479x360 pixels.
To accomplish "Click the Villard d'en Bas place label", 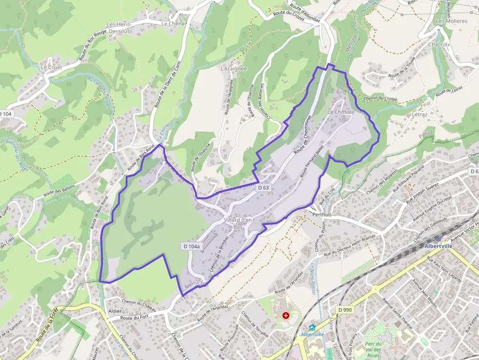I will coord(238,223).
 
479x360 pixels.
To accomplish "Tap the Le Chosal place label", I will coord(339,112).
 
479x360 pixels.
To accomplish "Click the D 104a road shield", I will coord(192,247).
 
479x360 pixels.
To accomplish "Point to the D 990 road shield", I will coord(345,310).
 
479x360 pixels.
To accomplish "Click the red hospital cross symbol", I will coord(286,316).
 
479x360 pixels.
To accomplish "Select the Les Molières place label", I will coord(451,21).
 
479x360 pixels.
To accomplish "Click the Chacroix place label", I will coord(438,44).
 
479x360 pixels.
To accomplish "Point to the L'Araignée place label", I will coord(234,69).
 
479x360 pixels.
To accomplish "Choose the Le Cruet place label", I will coord(51,67).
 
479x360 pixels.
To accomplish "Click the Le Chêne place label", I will coord(173,23).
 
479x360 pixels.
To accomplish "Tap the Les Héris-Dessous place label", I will coord(119,28).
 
